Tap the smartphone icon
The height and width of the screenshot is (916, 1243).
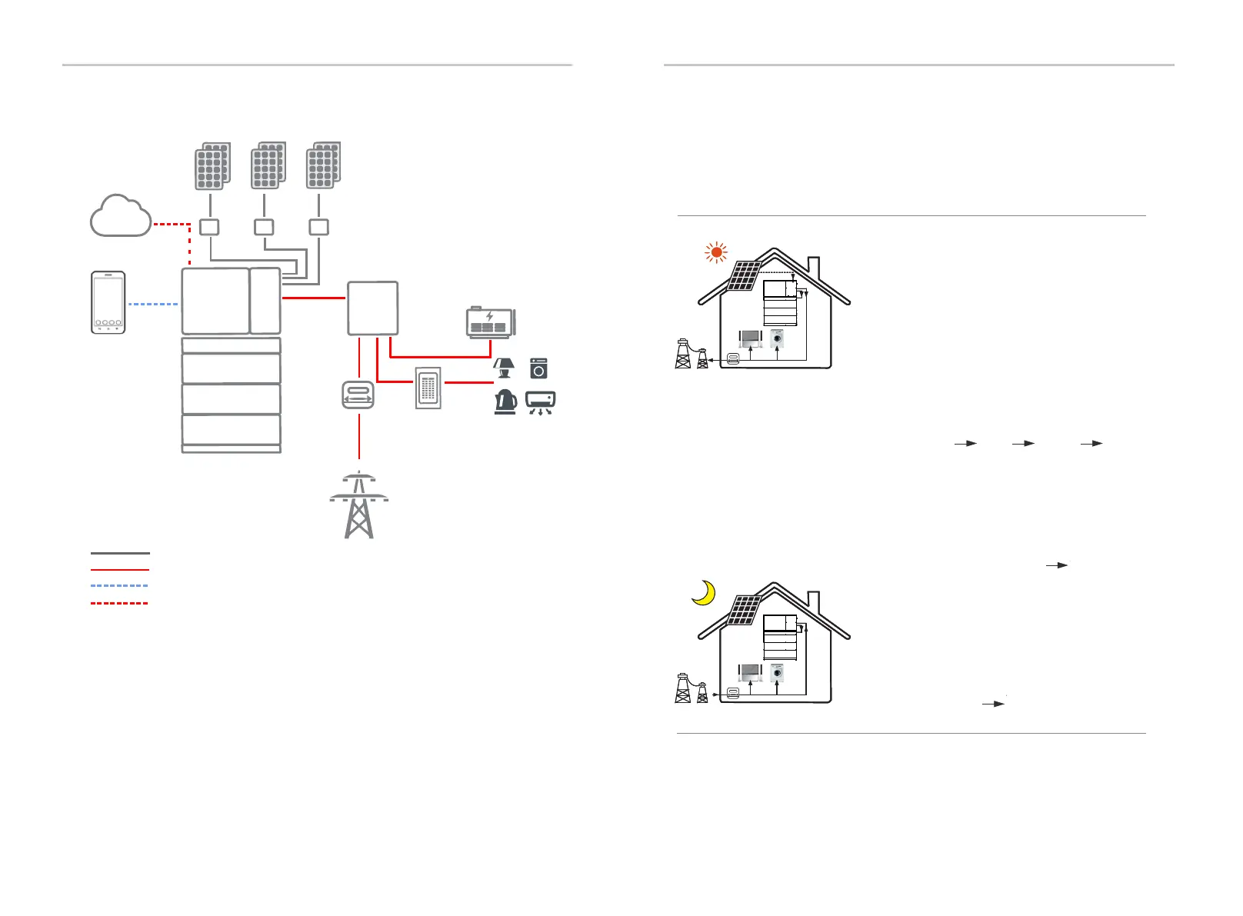tap(108, 302)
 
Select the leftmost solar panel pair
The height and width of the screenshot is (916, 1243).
tap(212, 165)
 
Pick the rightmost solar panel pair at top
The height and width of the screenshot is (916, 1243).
tap(323, 165)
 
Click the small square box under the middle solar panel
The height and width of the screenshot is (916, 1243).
tap(264, 227)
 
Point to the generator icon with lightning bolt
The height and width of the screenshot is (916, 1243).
tap(491, 322)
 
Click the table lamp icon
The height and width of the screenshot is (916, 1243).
tap(504, 368)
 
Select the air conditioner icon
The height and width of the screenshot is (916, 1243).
tap(540, 402)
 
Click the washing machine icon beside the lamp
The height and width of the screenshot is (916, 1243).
tap(538, 368)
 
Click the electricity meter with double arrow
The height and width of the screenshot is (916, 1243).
tap(358, 395)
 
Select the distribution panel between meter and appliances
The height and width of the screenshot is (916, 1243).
tap(428, 388)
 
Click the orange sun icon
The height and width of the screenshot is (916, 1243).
tap(716, 252)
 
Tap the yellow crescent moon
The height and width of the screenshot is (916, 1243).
tap(704, 593)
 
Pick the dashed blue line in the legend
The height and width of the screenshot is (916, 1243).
tap(119, 586)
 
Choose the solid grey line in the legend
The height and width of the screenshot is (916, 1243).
tap(119, 553)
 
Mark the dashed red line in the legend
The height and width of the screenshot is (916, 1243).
tap(119, 603)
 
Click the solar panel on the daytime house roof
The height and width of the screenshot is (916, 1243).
tap(744, 276)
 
